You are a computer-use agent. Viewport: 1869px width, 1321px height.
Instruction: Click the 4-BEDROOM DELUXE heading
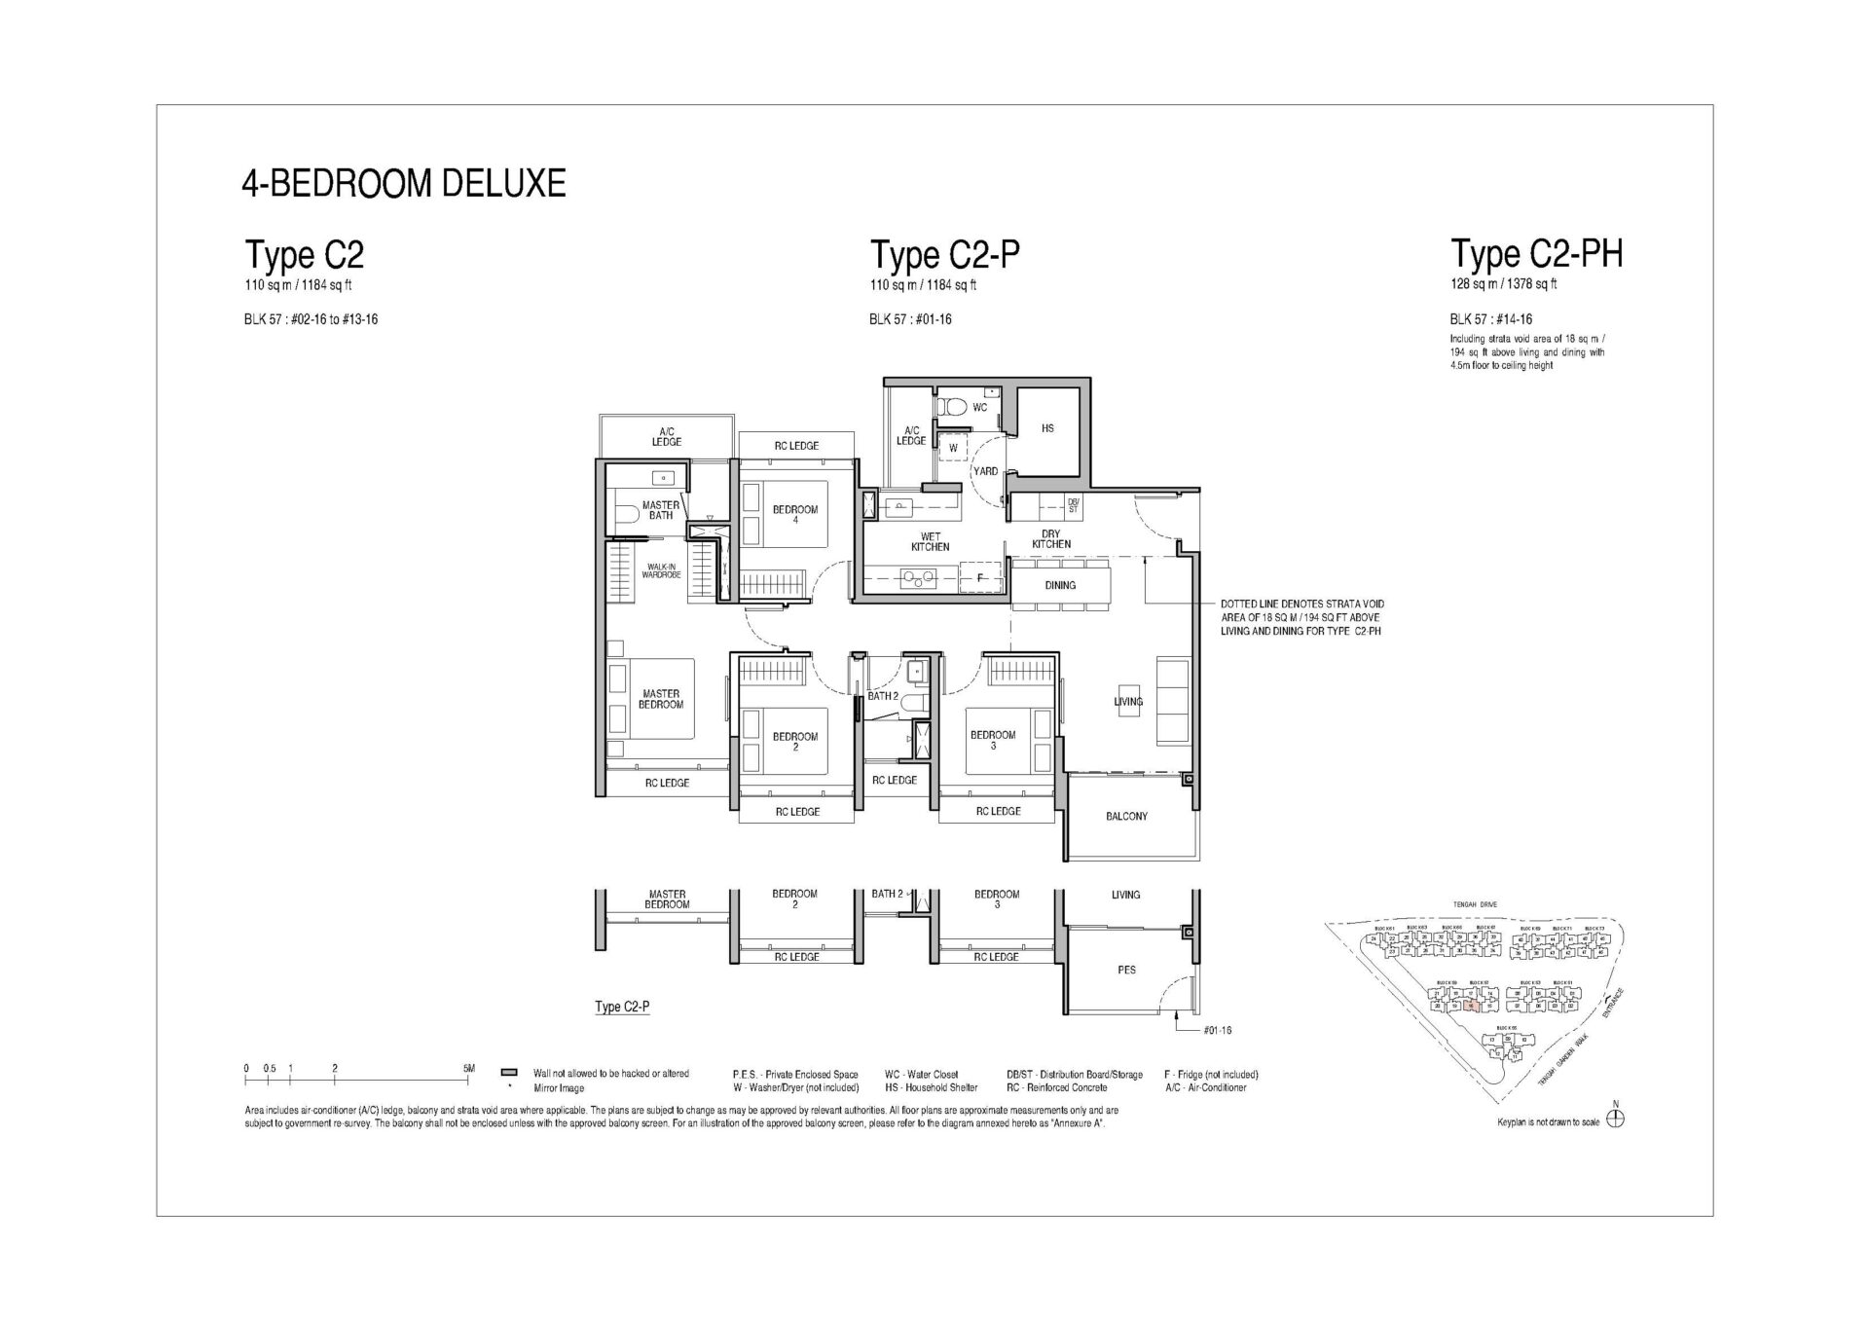[403, 183]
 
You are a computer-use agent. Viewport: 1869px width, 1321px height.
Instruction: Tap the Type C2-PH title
[1536, 254]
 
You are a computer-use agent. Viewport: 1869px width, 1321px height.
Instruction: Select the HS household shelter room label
[1047, 428]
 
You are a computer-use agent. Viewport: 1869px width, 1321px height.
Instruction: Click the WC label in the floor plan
[980, 407]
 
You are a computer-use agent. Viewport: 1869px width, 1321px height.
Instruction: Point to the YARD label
[985, 471]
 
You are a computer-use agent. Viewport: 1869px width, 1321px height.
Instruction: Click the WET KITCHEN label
[930, 541]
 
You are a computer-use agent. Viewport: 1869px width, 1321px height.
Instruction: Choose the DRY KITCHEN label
[1050, 539]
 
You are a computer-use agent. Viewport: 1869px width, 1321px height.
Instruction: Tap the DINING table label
[1060, 585]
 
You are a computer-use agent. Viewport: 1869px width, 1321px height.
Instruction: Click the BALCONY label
[1126, 817]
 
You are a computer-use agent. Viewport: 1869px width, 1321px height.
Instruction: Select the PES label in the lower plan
[1127, 970]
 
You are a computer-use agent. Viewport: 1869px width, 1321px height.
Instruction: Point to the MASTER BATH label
[661, 510]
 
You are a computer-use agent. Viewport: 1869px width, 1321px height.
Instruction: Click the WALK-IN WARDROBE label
[661, 571]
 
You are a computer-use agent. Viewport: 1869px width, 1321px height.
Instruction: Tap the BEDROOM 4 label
[795, 514]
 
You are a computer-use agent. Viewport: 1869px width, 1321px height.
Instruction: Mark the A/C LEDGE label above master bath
[666, 436]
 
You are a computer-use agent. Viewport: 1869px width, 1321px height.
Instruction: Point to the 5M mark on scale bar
[469, 1069]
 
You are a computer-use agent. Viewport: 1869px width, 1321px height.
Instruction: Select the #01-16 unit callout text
[1218, 1030]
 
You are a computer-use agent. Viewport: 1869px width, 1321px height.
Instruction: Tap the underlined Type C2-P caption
[622, 1007]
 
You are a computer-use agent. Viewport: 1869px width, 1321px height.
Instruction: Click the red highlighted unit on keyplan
[1471, 1007]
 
